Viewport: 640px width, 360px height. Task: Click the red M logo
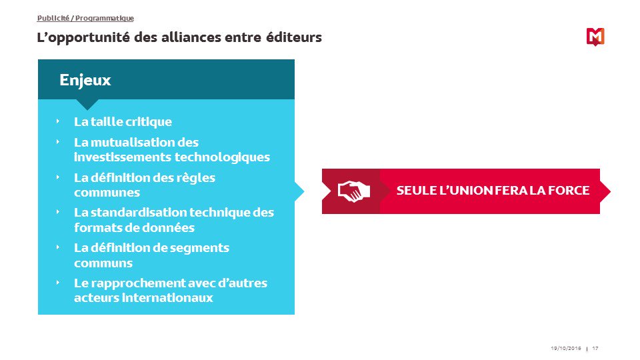point(595,37)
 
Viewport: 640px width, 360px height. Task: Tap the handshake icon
point(351,191)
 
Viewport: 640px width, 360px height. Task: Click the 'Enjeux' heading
point(85,80)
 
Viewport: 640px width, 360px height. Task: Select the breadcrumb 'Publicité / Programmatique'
point(85,19)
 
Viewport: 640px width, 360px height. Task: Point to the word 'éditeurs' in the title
point(293,37)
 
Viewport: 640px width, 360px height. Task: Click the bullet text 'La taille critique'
point(123,122)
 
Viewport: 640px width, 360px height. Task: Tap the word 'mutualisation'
point(133,142)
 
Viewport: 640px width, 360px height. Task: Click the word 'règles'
point(198,177)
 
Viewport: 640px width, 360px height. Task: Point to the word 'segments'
point(200,247)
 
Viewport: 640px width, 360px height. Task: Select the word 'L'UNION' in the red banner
point(465,191)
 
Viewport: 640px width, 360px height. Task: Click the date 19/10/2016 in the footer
point(566,349)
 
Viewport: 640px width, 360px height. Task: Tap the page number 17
point(595,349)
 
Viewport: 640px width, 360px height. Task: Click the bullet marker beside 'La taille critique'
point(58,121)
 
